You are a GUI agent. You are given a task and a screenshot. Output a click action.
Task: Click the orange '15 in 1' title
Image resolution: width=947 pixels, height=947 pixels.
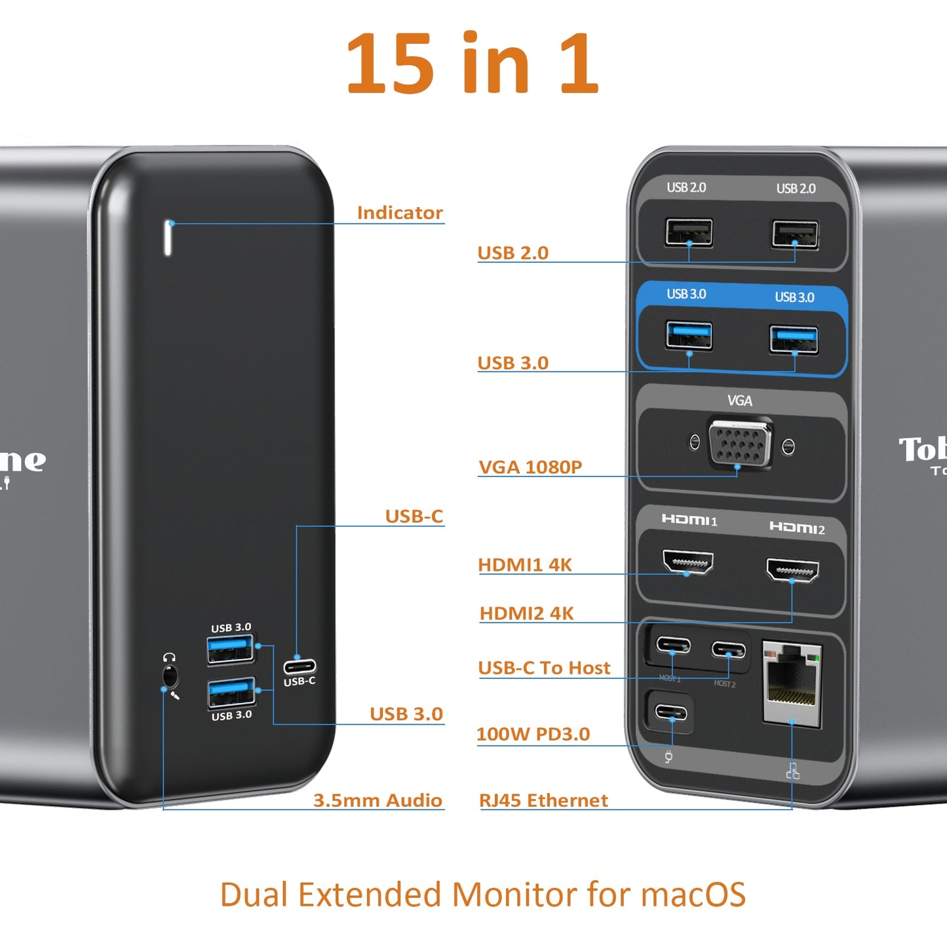coord(472,64)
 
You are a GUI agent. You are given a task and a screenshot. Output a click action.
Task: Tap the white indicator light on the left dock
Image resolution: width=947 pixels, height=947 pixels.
coord(168,237)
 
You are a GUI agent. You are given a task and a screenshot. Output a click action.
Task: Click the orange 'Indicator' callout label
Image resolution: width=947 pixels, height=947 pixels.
coord(400,213)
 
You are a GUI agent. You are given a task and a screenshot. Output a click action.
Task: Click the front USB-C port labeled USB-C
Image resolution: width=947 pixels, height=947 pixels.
coord(300,666)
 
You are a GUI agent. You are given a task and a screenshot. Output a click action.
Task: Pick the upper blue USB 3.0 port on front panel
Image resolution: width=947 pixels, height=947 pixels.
coord(230,649)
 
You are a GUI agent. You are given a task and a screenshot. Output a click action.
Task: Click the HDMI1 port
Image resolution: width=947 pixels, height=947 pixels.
coord(687,562)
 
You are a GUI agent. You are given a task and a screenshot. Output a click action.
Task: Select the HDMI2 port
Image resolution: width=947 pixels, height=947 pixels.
coord(792,570)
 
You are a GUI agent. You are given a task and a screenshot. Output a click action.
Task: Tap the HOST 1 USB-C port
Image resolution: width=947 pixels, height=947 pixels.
coord(674,646)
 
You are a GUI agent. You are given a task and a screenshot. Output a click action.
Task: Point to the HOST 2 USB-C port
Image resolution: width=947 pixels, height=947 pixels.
coord(729,650)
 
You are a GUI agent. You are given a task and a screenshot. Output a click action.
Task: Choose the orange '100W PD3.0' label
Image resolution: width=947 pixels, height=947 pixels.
coord(533,734)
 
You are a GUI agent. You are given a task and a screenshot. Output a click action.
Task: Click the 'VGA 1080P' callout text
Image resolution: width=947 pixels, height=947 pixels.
coord(530,467)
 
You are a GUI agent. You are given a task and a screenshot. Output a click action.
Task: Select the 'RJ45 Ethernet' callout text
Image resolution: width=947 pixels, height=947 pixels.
coord(543,800)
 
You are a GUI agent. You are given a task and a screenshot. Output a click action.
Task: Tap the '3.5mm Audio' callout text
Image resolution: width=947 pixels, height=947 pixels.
coord(377,800)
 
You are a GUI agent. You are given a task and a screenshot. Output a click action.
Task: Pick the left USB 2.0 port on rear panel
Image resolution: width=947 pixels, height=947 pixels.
coord(689,233)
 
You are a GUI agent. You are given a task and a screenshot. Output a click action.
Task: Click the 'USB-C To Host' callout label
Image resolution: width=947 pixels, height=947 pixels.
coord(544,668)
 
